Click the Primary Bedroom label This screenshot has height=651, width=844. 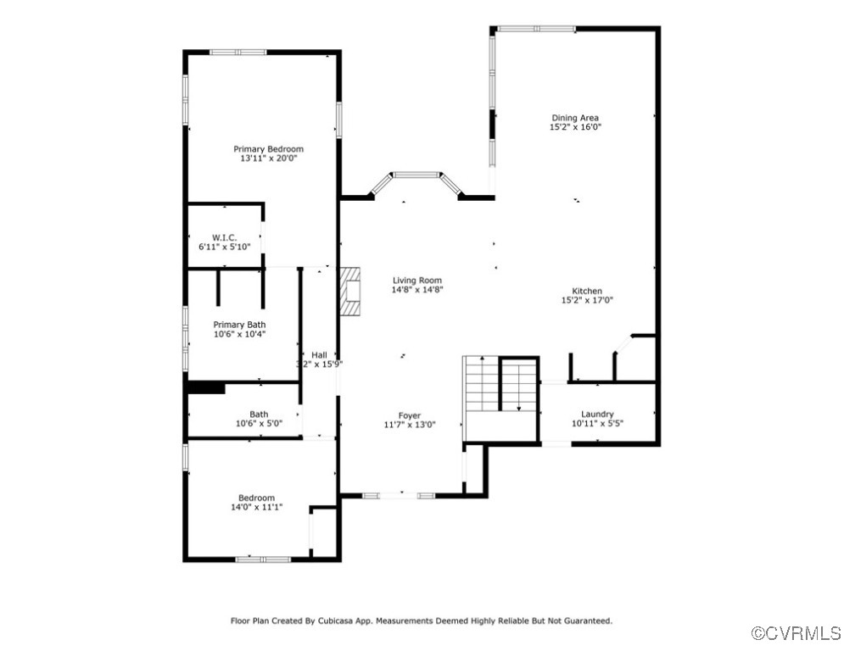268,149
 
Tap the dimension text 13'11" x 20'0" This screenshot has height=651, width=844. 268,159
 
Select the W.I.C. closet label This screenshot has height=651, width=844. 224,237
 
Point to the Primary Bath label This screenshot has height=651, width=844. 239,325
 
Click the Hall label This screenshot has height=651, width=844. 319,355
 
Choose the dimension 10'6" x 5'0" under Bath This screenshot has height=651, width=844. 259,423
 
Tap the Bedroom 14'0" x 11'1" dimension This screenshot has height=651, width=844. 256,507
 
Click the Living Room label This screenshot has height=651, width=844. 416,281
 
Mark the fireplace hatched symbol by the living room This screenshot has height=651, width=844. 349,292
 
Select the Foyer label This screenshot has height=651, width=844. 410,415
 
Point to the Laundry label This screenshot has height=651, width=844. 597,414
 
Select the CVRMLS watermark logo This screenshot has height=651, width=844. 796,633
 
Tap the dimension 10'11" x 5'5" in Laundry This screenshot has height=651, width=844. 597,423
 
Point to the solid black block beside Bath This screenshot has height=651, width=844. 204,387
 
